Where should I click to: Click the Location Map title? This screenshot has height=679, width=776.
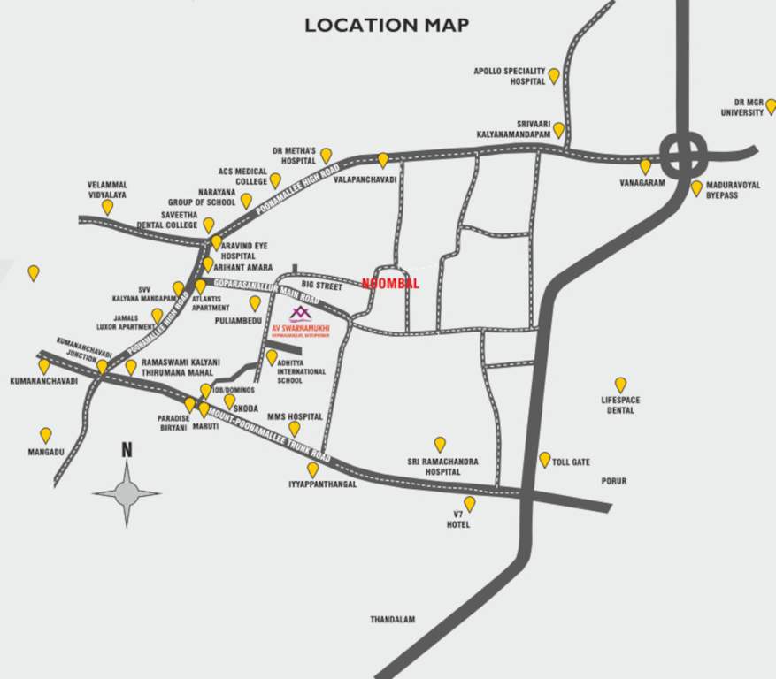[387, 25]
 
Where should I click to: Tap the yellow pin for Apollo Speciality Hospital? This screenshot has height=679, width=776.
[554, 76]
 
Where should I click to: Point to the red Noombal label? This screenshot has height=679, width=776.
[390, 284]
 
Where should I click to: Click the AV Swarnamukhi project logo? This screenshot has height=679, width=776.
[301, 314]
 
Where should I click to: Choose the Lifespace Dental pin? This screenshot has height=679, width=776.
[620, 385]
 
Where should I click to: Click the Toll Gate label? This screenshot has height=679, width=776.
[571, 462]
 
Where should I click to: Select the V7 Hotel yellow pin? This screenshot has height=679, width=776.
[470, 504]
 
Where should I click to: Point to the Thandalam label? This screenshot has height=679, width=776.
[392, 620]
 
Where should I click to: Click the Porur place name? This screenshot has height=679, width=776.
[613, 482]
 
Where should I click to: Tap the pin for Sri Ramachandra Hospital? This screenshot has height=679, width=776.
[440, 444]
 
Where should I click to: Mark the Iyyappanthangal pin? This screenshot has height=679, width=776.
[313, 469]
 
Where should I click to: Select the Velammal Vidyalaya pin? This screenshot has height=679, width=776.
[107, 207]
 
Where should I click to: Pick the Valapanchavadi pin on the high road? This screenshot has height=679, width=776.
[383, 160]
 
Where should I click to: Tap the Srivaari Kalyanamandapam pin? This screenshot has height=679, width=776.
[558, 130]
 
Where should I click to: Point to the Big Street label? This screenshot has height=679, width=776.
[321, 286]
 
